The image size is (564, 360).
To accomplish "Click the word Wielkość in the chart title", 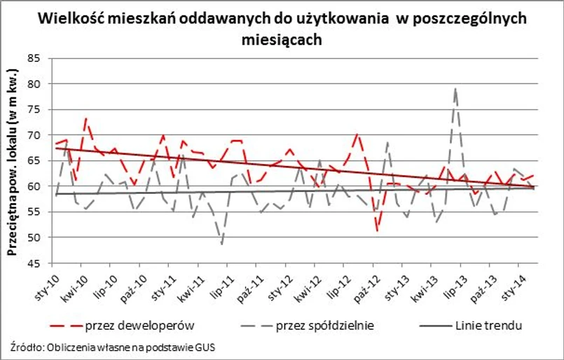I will (x=68, y=18).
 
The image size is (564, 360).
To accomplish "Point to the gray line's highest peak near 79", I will (x=456, y=89).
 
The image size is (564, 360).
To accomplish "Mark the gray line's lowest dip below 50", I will (x=222, y=244).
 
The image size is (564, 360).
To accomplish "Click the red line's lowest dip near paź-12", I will (x=378, y=230).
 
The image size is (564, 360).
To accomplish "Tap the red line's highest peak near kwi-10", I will (x=85, y=119).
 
